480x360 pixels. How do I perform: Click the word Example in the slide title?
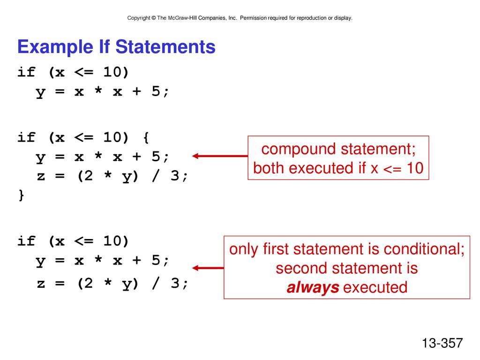(55, 47)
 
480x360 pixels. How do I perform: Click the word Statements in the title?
(165, 47)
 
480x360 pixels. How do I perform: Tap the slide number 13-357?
(442, 343)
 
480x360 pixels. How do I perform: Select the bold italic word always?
(313, 288)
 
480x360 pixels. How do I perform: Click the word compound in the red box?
(299, 150)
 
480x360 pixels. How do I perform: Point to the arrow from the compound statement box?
(220, 156)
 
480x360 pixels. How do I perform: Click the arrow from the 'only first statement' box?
(208, 268)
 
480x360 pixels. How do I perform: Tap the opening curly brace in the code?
(146, 138)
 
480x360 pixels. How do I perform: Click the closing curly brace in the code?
(21, 195)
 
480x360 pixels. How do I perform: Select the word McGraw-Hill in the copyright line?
(182, 18)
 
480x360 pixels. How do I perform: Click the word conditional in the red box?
(424, 249)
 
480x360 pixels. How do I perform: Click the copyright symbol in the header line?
(154, 18)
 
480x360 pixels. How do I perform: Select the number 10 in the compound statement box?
(415, 168)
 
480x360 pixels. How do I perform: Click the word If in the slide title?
(104, 47)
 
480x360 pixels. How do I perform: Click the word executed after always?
(375, 288)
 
